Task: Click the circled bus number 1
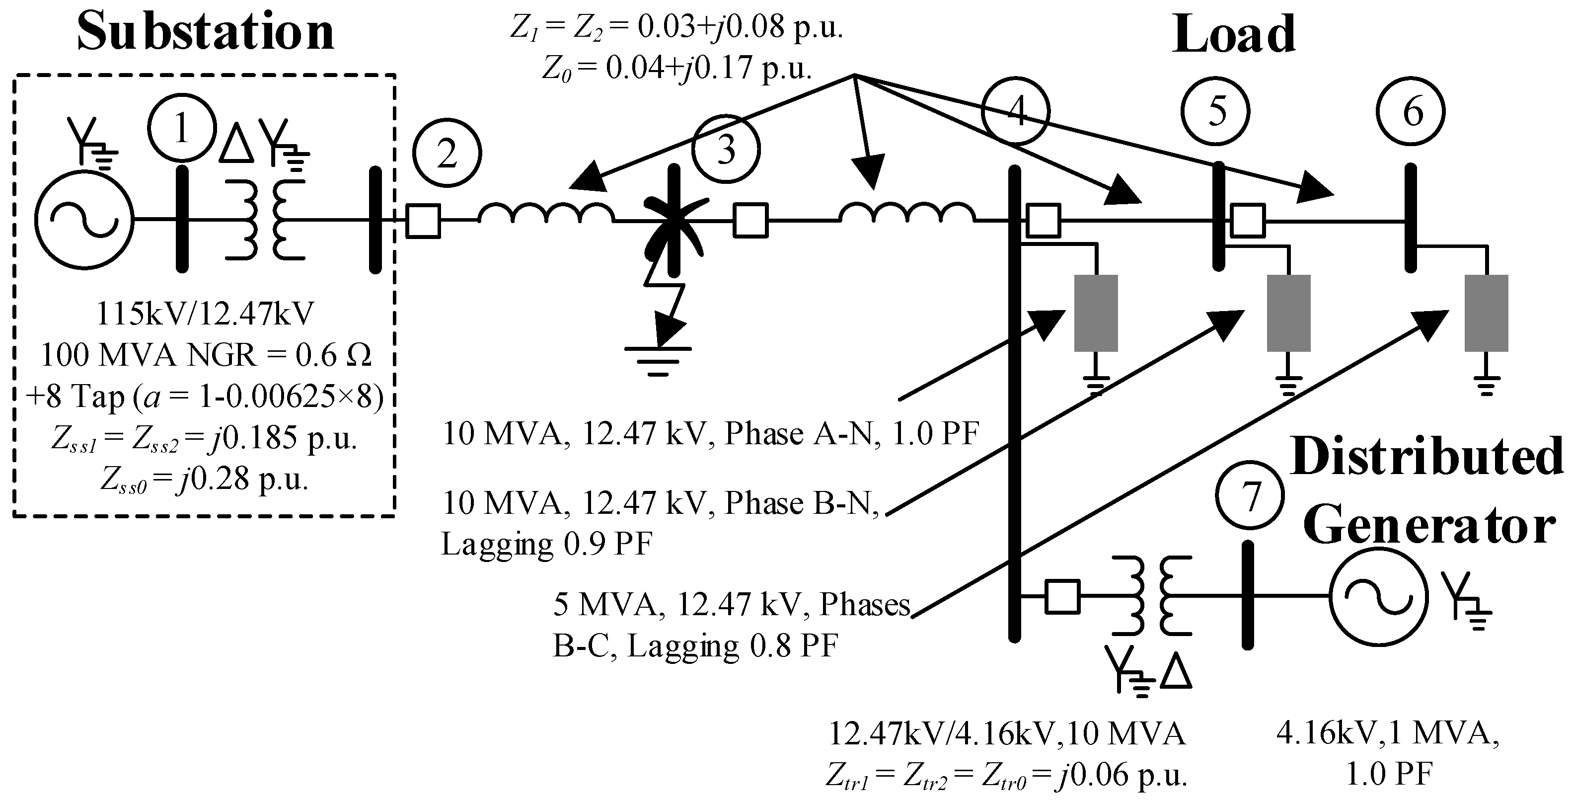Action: pos(182,128)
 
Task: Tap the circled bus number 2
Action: pos(447,153)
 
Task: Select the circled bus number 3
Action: pos(726,149)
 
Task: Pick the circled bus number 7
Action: pos(1250,497)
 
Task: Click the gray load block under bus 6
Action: pos(1486,313)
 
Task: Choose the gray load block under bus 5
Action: pos(1288,313)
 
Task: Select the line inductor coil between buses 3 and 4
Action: pos(907,214)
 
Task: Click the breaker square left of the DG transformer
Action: pos(1062,596)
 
